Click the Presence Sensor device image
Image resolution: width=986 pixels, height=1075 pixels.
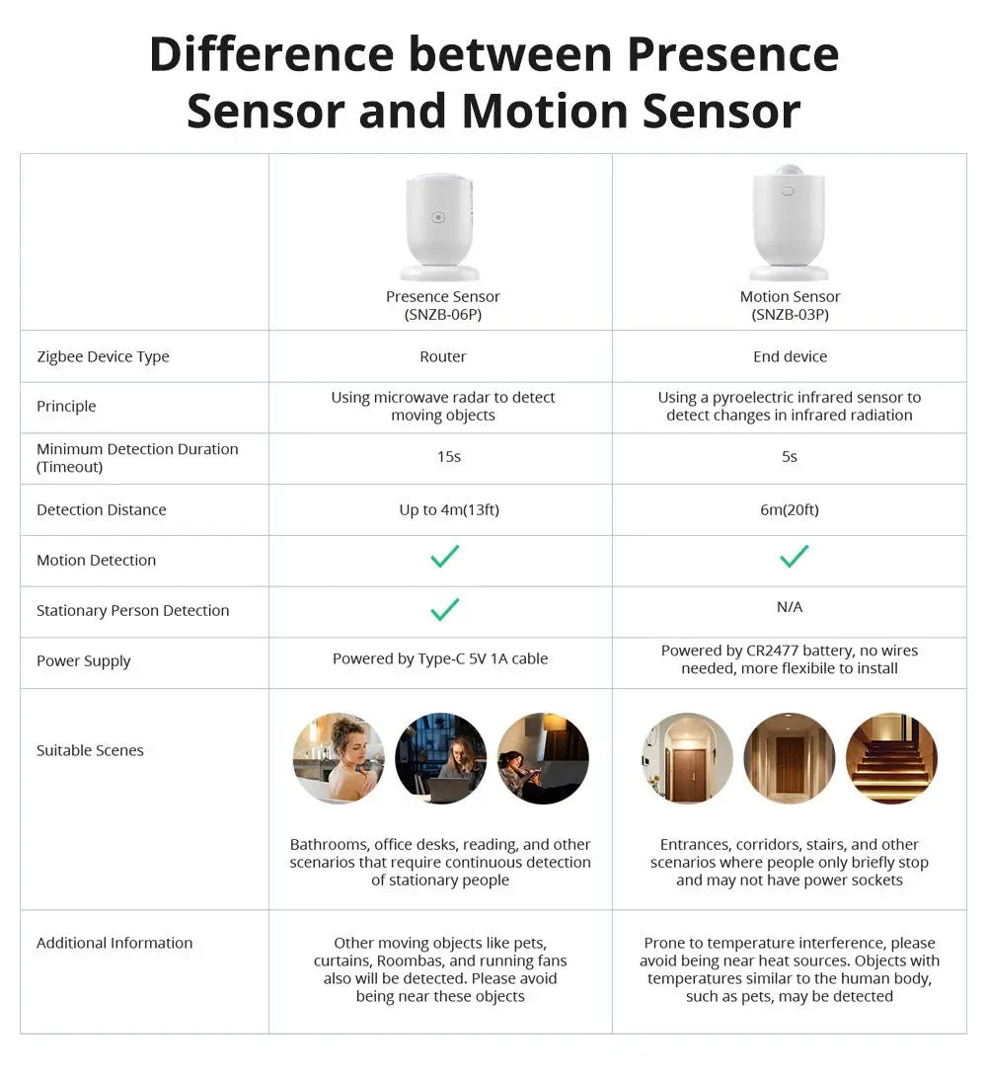pos(440,227)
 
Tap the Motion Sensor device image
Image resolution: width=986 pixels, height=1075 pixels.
pos(789,224)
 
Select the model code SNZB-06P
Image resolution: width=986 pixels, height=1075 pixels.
pos(442,315)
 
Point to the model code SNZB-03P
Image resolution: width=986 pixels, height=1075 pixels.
pos(790,315)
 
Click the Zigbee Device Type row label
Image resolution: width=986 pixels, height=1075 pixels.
pos(103,356)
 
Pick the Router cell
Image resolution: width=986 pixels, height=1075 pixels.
pos(442,356)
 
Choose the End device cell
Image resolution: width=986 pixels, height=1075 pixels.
pos(790,356)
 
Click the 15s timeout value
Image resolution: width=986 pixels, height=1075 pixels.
pos(448,457)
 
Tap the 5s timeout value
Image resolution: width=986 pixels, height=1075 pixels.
pos(789,457)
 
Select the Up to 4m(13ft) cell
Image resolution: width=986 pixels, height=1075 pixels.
pos(448,509)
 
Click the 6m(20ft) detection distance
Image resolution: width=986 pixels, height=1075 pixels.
pos(789,509)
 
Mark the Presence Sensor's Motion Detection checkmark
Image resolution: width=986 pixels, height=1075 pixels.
pos(444,557)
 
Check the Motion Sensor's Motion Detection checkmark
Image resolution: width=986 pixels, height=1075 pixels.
pos(794,557)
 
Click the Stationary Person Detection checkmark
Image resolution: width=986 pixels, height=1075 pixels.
pos(444,610)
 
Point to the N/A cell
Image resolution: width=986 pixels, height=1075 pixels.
pos(789,607)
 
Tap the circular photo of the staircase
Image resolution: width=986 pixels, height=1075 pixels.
pos(891,758)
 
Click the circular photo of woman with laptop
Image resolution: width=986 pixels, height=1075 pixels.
pos(441,758)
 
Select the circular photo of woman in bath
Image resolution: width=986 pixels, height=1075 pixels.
pos(339,758)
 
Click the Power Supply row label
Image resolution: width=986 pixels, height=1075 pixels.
pos(83,661)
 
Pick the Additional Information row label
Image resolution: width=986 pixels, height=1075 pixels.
pos(114,943)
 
